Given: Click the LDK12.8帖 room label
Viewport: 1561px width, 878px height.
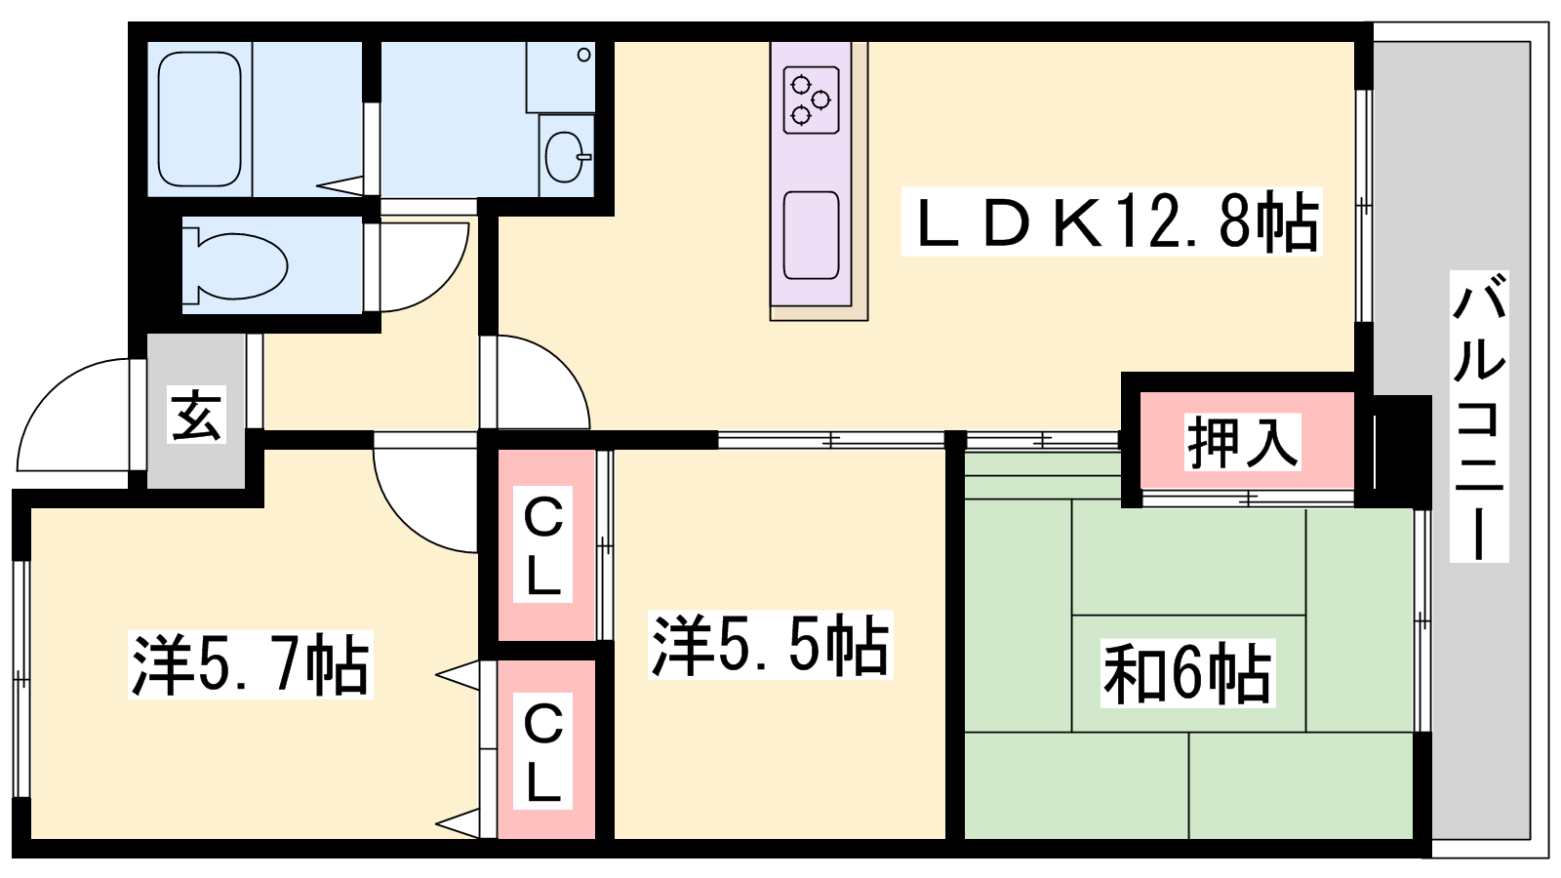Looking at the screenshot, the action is click(x=1111, y=221).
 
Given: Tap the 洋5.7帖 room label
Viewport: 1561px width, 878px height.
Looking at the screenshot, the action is click(x=251, y=664).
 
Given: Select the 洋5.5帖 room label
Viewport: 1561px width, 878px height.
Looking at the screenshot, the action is click(x=770, y=645).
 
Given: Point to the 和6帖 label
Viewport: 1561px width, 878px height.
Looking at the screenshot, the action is click(x=1187, y=673).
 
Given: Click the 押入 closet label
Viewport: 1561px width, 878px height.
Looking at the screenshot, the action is click(x=1243, y=442).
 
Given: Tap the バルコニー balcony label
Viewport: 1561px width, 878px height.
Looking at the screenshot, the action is click(x=1479, y=416).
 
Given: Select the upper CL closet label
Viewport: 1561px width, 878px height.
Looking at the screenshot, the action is click(x=542, y=544).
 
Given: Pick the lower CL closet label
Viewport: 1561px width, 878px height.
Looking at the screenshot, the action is click(x=542, y=751).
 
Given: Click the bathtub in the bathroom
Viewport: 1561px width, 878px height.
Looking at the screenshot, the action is click(x=199, y=119).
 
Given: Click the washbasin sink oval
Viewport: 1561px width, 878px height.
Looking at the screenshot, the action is click(x=566, y=157).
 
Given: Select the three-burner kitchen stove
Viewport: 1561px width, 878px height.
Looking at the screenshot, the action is click(x=811, y=100).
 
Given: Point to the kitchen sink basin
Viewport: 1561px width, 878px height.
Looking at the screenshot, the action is click(x=811, y=235).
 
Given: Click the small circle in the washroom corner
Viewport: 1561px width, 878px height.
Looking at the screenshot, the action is click(x=584, y=55).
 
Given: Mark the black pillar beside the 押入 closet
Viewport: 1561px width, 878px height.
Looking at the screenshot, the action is click(x=1403, y=451).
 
